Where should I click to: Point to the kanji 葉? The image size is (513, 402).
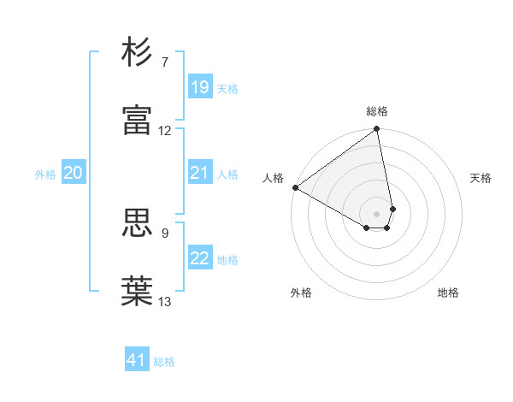[x=139, y=290]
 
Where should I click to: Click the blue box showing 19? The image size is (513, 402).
[x=199, y=87]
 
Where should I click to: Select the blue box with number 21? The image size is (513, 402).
[x=199, y=174]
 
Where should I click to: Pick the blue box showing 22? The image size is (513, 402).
[x=199, y=259]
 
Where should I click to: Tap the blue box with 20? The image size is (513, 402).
[x=73, y=174]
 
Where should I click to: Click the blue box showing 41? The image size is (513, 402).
[x=137, y=361]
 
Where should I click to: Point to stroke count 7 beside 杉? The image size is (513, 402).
[x=164, y=62]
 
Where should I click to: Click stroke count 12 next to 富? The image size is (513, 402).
[x=165, y=131]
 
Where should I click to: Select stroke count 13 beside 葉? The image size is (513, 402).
[x=165, y=301]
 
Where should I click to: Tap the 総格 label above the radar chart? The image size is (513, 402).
[x=377, y=111]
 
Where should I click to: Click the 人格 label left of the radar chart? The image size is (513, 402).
[x=274, y=178]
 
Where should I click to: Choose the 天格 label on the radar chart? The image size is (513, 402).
[x=481, y=178]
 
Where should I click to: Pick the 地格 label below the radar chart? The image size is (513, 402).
[x=448, y=293]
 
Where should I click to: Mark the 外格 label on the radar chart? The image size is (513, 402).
[x=301, y=293]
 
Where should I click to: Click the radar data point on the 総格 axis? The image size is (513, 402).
[x=377, y=130]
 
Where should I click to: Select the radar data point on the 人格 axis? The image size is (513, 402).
[x=295, y=187]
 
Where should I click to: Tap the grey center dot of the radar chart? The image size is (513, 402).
[x=377, y=213]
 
